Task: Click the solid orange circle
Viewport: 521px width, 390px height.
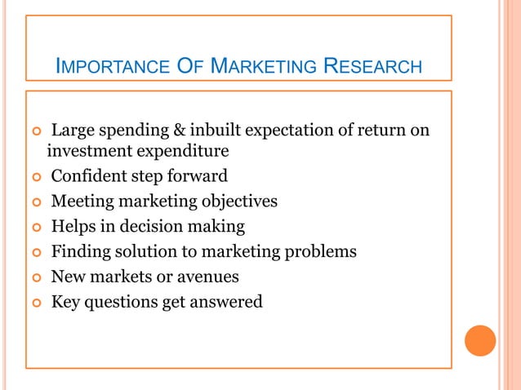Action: coord(480,340)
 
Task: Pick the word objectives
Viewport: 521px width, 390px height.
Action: coord(238,202)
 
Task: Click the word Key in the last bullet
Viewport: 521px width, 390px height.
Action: coord(65,303)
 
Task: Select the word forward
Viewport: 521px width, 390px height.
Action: coord(197,176)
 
